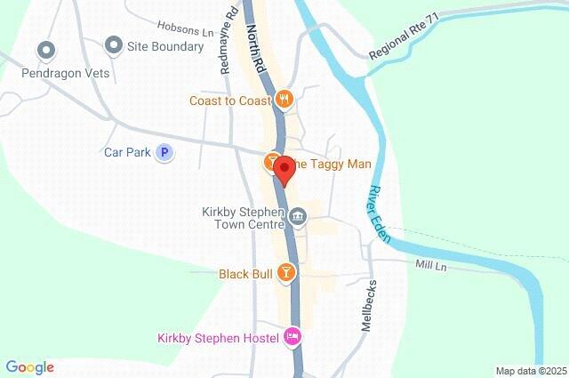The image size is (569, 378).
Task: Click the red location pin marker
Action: [284, 168]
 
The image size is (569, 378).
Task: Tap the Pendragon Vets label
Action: [66, 73]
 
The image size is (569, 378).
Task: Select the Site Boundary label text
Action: [165, 46]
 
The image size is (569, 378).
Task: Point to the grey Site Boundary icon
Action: [113, 44]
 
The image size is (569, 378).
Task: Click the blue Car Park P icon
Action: [164, 153]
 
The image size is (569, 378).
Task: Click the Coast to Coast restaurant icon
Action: [284, 100]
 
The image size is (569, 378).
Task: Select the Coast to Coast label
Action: [229, 101]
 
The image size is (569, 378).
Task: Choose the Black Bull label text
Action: [245, 274]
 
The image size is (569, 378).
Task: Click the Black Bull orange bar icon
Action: [285, 272]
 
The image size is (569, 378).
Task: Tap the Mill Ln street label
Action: [433, 264]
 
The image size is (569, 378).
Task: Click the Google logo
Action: [29, 367]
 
